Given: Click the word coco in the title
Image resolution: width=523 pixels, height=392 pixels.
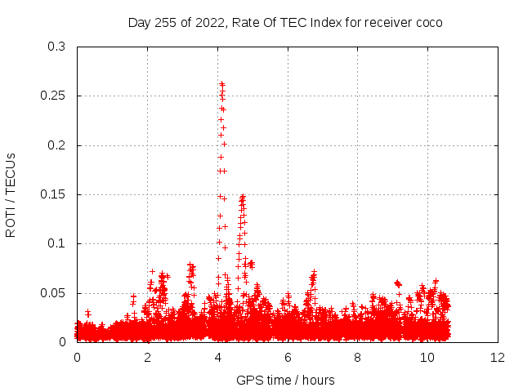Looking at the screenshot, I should [x=428, y=23].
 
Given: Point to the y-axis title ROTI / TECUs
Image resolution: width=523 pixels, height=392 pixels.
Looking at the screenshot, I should [x=11, y=194].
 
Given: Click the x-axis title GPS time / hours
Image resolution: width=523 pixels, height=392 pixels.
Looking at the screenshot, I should [x=285, y=381].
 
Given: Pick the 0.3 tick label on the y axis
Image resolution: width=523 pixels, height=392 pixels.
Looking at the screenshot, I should [x=57, y=47].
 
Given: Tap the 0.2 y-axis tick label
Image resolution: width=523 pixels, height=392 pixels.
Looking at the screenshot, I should [x=57, y=145].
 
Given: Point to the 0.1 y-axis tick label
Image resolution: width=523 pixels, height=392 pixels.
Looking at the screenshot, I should [x=57, y=243].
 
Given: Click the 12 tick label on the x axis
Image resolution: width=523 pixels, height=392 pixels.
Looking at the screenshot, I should [x=498, y=358].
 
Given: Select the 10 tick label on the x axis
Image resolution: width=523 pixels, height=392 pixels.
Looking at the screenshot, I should [x=427, y=358].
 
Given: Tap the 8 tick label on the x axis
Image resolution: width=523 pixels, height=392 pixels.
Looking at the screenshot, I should [x=358, y=358].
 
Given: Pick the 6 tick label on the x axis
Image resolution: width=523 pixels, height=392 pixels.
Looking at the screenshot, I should [x=288, y=358].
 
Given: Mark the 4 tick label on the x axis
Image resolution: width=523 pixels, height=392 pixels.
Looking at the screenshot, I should [x=217, y=358].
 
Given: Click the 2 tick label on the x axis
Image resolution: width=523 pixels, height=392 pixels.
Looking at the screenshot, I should [x=148, y=358].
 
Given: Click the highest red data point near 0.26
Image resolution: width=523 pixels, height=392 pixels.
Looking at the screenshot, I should [x=221, y=83].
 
